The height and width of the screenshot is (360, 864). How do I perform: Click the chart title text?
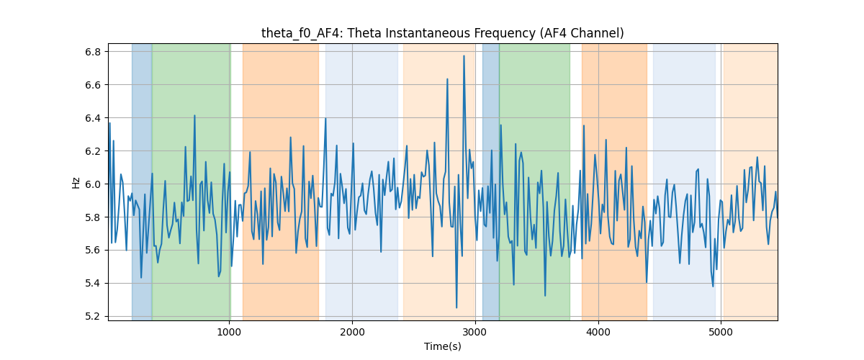pos(442,33)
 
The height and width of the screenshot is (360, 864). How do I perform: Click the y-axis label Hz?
pos(76,182)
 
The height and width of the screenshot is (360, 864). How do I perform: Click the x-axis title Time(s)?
pos(442,346)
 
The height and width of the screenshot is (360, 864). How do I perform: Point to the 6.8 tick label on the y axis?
pos(93,52)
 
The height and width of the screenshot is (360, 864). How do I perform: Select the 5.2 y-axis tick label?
pos(93,316)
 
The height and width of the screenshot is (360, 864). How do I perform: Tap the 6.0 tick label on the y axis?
pos(93,184)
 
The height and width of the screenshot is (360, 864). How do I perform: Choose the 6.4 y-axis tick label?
pos(93,118)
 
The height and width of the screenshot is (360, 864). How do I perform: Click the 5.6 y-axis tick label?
pos(93,251)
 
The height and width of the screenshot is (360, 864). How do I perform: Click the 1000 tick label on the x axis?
pos(230,332)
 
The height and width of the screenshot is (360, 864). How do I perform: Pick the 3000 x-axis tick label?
pos(475,332)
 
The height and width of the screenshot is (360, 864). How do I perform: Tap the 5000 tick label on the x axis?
pos(721,332)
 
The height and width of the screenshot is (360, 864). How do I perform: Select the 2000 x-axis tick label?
pos(352,332)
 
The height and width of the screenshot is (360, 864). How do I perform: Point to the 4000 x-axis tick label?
pos(598,332)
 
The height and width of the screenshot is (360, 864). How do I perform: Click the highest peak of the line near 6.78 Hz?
pos(464,56)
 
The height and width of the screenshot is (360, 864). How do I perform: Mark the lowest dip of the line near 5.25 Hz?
pos(456,307)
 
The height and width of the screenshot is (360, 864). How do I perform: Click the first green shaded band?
pos(192,182)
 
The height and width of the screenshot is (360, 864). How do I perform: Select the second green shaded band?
pos(534,182)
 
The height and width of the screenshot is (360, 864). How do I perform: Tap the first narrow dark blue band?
pos(142,182)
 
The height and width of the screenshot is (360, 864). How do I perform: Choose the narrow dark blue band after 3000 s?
pos(491,182)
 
